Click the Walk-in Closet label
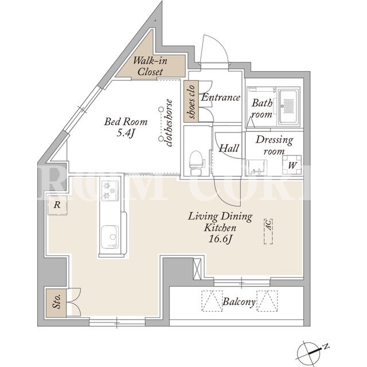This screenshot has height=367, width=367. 150,67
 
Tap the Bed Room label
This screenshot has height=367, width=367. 126,122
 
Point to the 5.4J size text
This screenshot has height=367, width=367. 126,133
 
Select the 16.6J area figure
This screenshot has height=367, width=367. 220,239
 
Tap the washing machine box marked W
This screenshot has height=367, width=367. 292,165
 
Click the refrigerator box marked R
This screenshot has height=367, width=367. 57,205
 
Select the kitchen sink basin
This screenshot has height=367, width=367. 110,236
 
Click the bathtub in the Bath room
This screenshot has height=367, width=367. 288,107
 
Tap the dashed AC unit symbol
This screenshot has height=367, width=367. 268,232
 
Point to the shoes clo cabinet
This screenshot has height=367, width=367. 191,101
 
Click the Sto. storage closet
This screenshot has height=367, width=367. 56,303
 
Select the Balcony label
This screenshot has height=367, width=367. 239,302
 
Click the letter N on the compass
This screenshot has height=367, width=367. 326,346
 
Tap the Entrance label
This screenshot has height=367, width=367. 221,97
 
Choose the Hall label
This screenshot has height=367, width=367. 229,148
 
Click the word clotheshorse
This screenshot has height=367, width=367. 169,123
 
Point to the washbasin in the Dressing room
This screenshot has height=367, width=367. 256,167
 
